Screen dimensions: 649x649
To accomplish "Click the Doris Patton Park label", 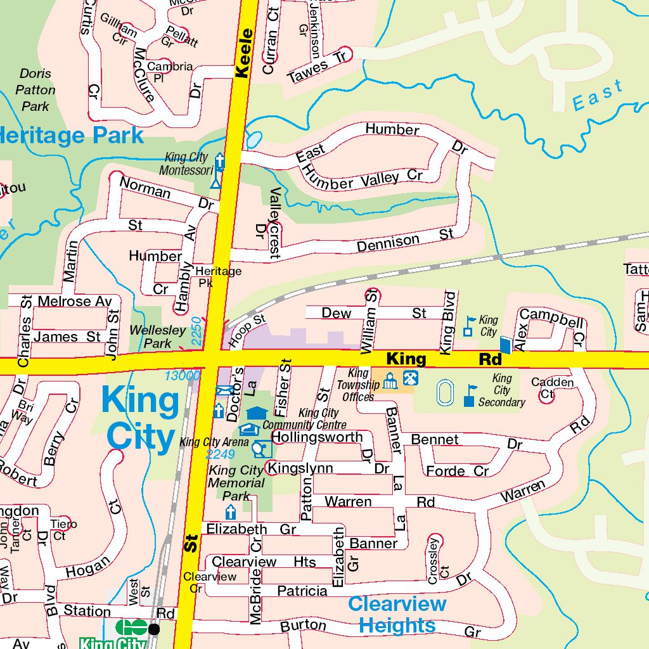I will pyautogui.click(x=35, y=90).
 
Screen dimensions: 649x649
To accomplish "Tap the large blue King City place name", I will pyautogui.click(x=139, y=418).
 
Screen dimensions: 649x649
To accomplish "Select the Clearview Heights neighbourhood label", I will pyautogui.click(x=397, y=615).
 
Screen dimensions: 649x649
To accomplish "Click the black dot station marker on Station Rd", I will pyautogui.click(x=153, y=629).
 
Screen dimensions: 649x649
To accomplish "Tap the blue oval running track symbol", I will pyautogui.click(x=446, y=392).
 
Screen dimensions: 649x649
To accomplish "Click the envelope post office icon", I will pyautogui.click(x=224, y=391).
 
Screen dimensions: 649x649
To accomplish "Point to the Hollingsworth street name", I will pyautogui.click(x=317, y=437).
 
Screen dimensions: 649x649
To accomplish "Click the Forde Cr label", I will pyautogui.click(x=457, y=471).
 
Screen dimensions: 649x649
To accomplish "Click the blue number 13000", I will pyautogui.click(x=182, y=376).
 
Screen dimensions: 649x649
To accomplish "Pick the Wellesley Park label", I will pyautogui.click(x=157, y=337).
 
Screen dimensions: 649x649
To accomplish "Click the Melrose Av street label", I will pyautogui.click(x=75, y=301).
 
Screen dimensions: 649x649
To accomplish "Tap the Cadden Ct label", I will pyautogui.click(x=552, y=387).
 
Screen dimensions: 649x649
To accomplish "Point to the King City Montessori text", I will pyautogui.click(x=188, y=164).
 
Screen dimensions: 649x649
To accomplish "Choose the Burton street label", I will pyautogui.click(x=303, y=626).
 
